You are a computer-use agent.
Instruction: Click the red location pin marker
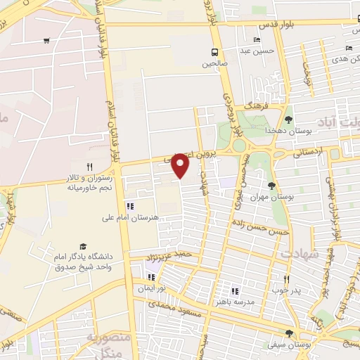181,165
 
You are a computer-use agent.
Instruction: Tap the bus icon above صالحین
215,52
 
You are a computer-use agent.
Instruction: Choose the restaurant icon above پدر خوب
286,278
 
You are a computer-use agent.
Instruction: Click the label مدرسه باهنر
243,301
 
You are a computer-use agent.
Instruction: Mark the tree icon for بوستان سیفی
288,333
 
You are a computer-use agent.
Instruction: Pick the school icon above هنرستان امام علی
129,206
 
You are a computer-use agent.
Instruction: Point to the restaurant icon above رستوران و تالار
89,166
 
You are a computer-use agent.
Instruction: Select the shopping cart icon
46,40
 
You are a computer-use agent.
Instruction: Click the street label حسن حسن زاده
262,230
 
